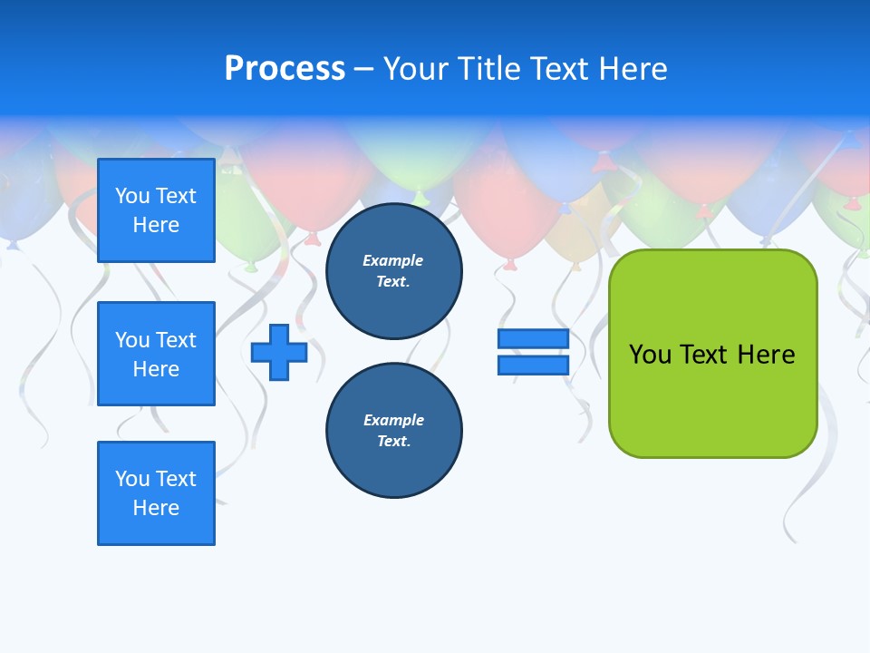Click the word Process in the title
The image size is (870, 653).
point(285,69)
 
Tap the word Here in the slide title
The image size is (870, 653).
point(633,69)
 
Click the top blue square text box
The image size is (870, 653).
point(156,210)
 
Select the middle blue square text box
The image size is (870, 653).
point(156,354)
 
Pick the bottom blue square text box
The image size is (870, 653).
point(156,493)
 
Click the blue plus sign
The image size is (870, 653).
point(279,352)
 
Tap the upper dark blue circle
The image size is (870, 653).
point(393,271)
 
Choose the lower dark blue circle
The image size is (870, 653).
point(393,431)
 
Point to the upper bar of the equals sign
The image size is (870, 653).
point(533,338)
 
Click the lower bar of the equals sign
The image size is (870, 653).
point(533,365)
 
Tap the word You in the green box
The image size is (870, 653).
point(649,355)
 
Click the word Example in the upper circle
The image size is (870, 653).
point(392,260)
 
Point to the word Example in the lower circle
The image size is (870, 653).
point(393,420)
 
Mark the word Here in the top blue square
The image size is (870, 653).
point(156,225)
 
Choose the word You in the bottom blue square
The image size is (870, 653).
point(132,479)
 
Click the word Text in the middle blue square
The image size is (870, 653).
point(176,340)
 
